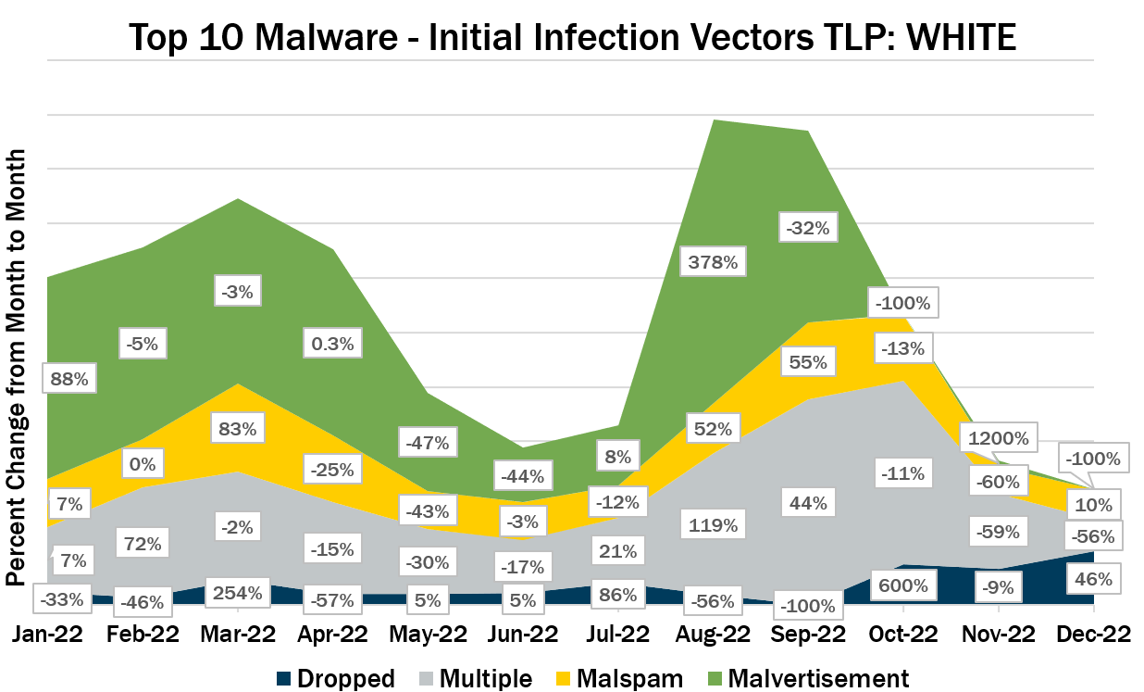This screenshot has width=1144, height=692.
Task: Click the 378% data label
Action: click(x=713, y=262)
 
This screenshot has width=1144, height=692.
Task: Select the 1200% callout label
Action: click(x=998, y=437)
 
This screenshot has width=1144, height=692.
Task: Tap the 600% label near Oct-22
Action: click(x=902, y=585)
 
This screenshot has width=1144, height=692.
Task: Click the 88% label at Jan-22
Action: click(x=68, y=378)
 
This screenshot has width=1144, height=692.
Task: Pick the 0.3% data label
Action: click(x=332, y=344)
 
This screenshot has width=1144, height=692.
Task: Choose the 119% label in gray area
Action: click(x=713, y=525)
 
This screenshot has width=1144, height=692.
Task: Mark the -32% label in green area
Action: click(x=807, y=227)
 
